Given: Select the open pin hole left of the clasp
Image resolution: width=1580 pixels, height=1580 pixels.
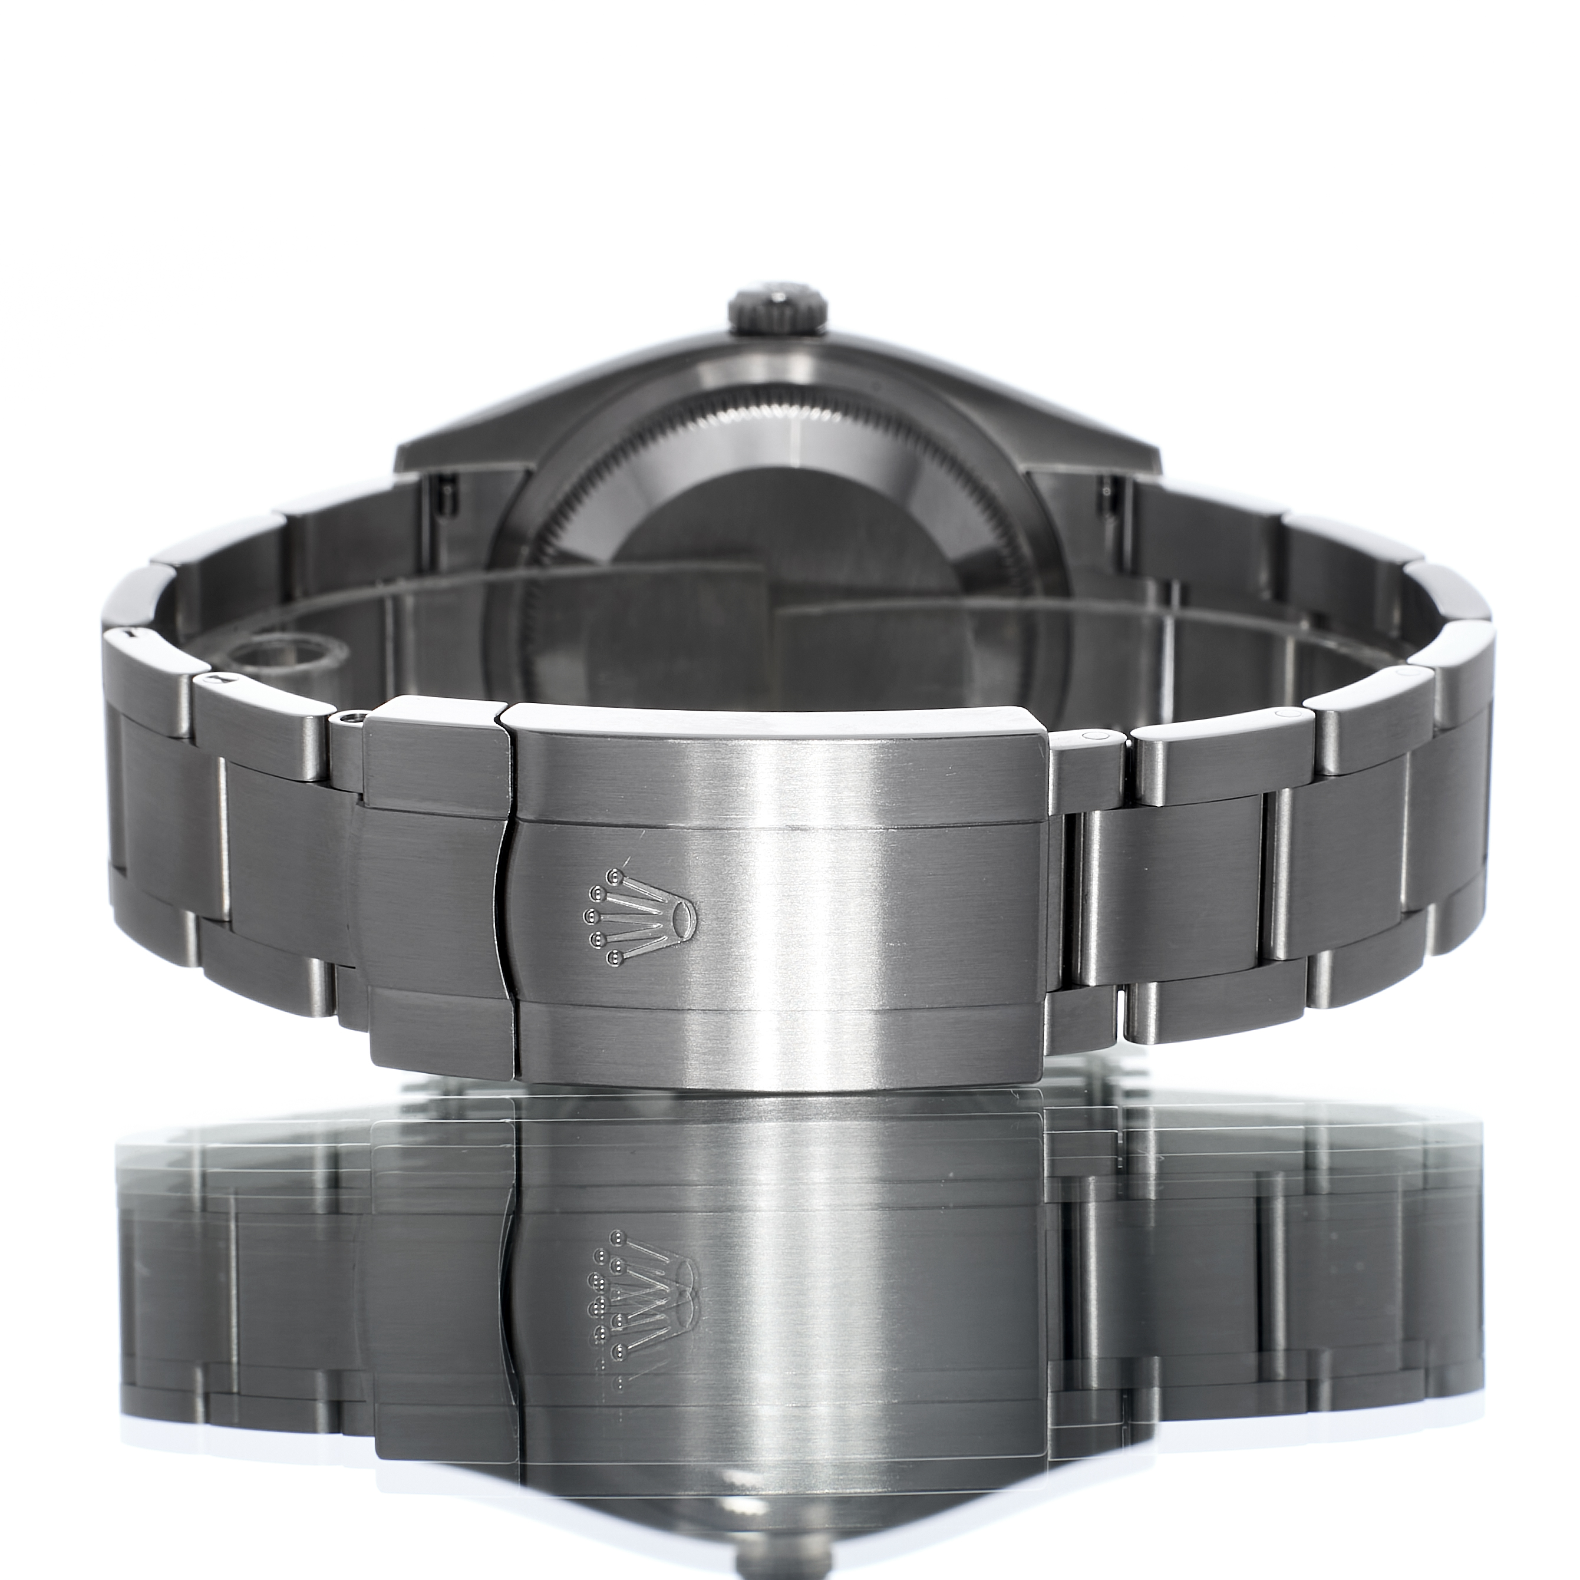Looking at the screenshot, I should pyautogui.click(x=351, y=718).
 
